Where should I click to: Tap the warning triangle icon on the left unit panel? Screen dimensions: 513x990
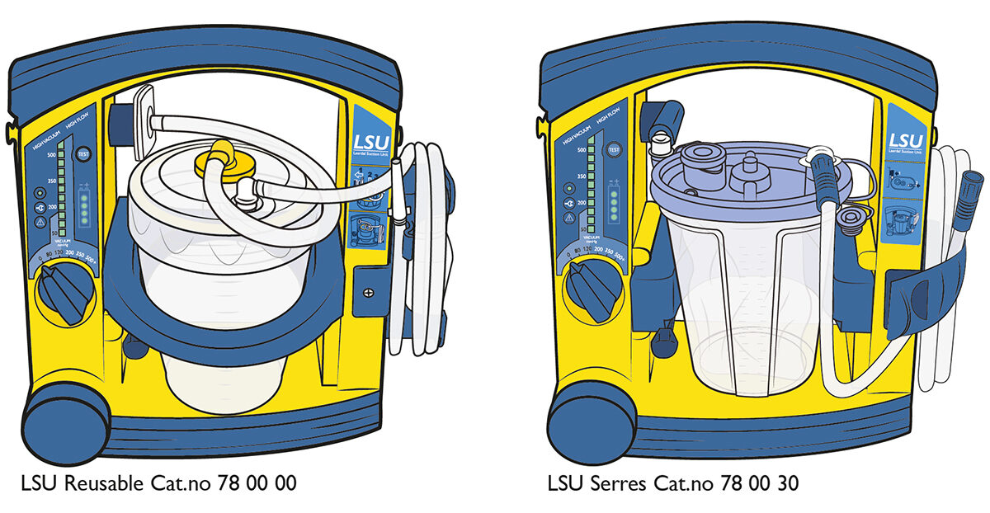coord(40,222)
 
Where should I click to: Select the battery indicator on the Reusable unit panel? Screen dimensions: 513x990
coord(83,209)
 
